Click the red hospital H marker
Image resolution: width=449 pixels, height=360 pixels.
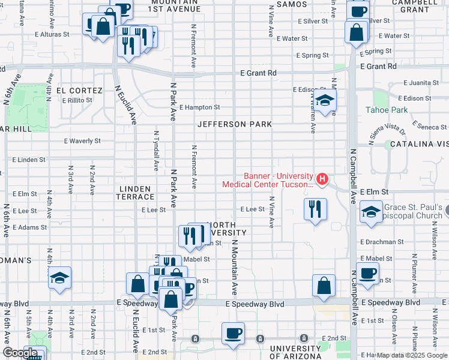click(322, 178)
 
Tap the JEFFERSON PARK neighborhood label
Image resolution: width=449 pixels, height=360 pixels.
click(235, 124)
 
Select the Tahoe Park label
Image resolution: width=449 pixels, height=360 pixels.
click(387, 110)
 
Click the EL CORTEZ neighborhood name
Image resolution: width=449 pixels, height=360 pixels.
click(73, 91)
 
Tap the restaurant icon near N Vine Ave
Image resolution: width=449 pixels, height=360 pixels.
click(315, 209)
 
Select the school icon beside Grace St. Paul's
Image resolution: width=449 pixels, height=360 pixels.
click(371, 212)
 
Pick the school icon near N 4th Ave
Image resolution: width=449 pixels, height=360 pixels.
click(59, 278)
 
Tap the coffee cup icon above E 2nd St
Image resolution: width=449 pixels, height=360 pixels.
click(233, 333)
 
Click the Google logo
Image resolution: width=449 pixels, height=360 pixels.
click(20, 353)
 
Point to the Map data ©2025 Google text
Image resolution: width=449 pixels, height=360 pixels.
click(412, 355)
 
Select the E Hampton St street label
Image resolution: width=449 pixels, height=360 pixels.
click(199, 107)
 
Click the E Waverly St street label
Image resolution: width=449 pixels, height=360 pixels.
click(82, 141)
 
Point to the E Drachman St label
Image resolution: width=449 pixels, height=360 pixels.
click(384, 242)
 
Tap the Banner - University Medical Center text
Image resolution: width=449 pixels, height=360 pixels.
click(268, 180)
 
